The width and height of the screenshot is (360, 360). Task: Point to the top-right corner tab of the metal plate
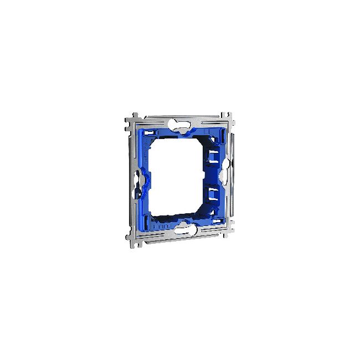[x=228, y=117]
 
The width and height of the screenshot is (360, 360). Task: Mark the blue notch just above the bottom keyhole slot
[x=184, y=220]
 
